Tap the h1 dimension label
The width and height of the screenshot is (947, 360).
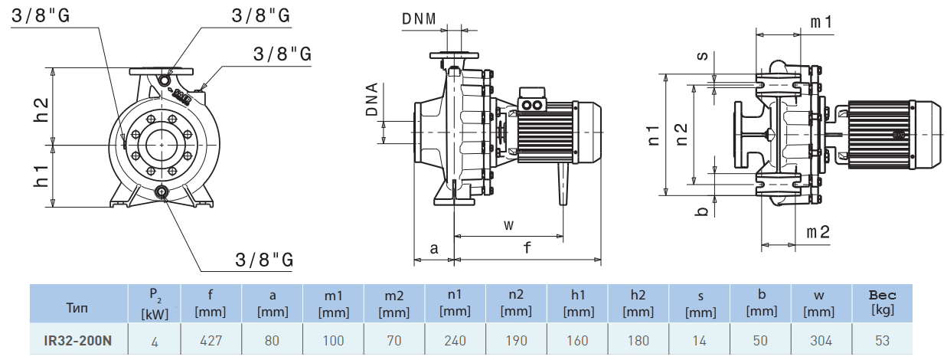(x=42, y=176)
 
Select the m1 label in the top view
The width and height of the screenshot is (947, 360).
(x=821, y=22)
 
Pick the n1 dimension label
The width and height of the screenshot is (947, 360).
(x=653, y=135)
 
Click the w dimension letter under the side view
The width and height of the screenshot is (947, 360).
(x=508, y=224)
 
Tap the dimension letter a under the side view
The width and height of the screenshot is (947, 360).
(x=433, y=248)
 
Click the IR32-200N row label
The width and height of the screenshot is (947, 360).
(x=78, y=340)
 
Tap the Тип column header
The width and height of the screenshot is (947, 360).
(x=78, y=305)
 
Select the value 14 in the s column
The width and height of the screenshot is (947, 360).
(x=699, y=340)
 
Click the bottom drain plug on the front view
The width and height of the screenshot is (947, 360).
(x=162, y=191)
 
